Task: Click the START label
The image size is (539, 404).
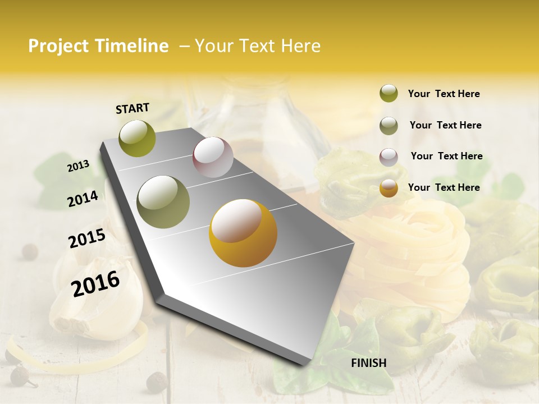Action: tap(133, 108)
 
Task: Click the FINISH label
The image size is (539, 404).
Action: tap(368, 363)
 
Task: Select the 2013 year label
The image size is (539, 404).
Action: tap(79, 166)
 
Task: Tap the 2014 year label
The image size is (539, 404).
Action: tap(83, 199)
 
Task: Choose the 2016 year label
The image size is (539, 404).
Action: tap(95, 283)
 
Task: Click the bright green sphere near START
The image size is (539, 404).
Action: tap(138, 139)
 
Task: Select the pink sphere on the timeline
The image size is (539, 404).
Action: tap(213, 157)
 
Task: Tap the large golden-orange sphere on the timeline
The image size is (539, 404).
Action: tap(243, 233)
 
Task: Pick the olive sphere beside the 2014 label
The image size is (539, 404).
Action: tap(163, 202)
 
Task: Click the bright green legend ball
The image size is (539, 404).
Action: tap(389, 94)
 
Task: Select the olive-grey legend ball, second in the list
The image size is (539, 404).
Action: tap(389, 126)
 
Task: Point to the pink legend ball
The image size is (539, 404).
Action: tap(389, 157)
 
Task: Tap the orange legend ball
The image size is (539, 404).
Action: tap(389, 189)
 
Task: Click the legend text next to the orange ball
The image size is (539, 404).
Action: tap(444, 187)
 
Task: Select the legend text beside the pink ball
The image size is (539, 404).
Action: tap(446, 156)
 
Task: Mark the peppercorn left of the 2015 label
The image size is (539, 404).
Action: tap(30, 252)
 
